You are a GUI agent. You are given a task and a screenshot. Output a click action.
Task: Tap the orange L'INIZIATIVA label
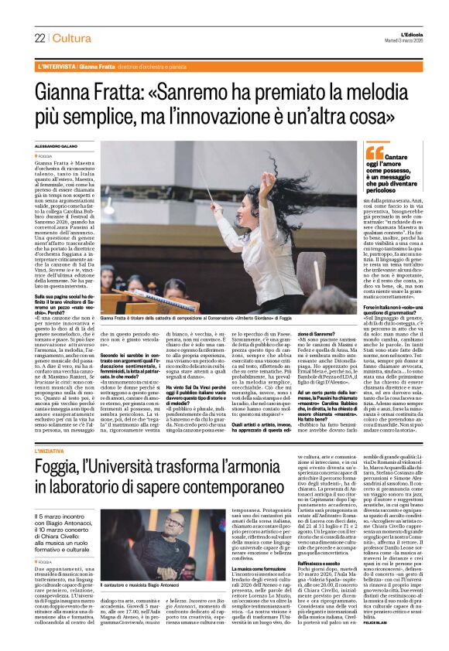tap(56, 449)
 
